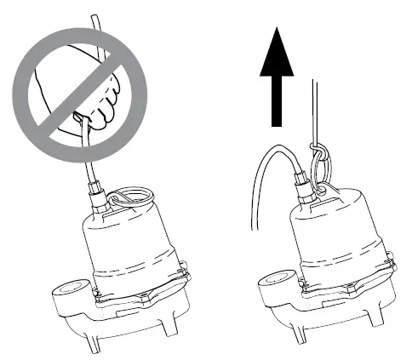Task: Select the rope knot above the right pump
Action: pyautogui.click(x=316, y=154)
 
